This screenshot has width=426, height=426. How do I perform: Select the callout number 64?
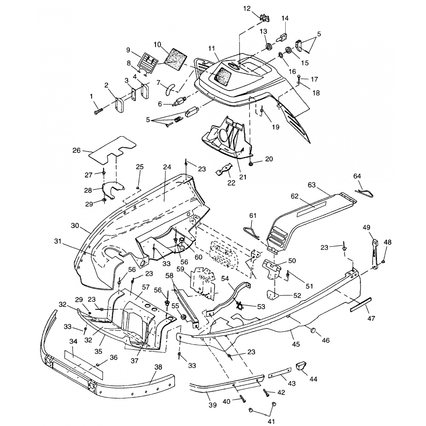point(357,176)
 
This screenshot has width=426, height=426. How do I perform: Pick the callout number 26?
point(77,150)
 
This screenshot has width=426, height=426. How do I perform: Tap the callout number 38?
point(158,367)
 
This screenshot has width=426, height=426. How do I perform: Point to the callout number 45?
point(296,344)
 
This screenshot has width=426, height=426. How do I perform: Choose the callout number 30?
point(75,225)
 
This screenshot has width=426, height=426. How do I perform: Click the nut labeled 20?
point(251,164)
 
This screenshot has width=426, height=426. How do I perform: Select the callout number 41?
point(272,421)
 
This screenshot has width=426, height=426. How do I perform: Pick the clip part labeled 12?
point(265,18)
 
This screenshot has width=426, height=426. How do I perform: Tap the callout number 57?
point(146,287)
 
